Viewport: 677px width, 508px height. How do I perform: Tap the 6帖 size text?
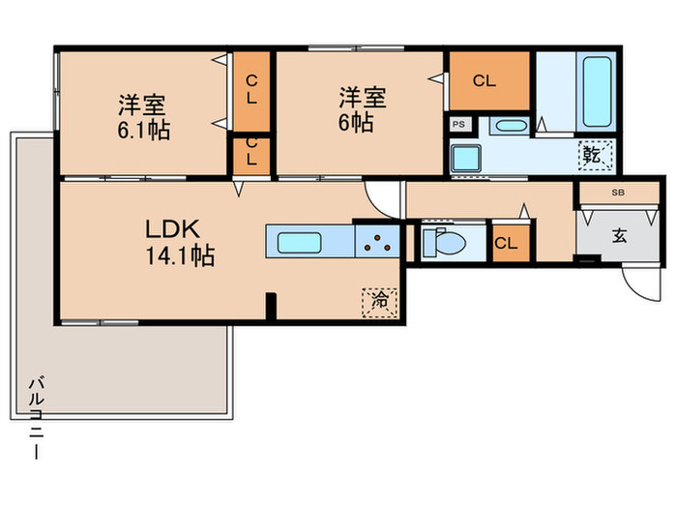click(x=362, y=124)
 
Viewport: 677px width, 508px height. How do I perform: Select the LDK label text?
click(x=172, y=229)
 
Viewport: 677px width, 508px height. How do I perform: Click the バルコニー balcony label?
click(x=35, y=416)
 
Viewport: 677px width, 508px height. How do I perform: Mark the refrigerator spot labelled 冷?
click(x=380, y=301)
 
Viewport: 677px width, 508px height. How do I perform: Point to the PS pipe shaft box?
click(x=459, y=124)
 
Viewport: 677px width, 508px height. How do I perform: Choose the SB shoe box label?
click(x=617, y=193)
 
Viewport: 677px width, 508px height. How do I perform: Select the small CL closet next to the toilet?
click(x=506, y=243)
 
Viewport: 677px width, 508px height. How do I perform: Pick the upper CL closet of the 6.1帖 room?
click(x=250, y=89)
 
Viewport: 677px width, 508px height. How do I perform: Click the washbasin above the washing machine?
click(x=508, y=126)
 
